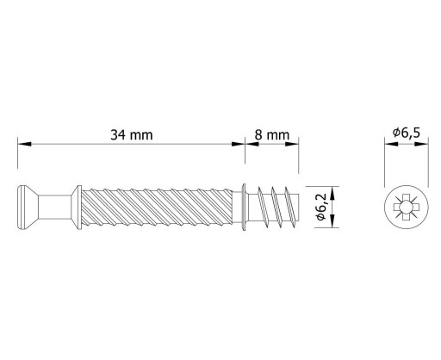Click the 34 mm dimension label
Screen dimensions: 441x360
(132, 134)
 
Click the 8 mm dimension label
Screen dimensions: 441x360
(272, 134)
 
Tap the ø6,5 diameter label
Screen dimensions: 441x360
(407, 133)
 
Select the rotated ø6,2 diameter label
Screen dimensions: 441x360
(321, 207)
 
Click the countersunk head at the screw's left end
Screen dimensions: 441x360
(28, 207)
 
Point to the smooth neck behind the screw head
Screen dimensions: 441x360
(54, 207)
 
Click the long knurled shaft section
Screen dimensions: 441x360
(157, 207)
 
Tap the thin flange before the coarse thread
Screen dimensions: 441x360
(244, 207)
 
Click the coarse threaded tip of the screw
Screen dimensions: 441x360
(273, 207)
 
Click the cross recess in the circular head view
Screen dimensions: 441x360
(407, 207)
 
